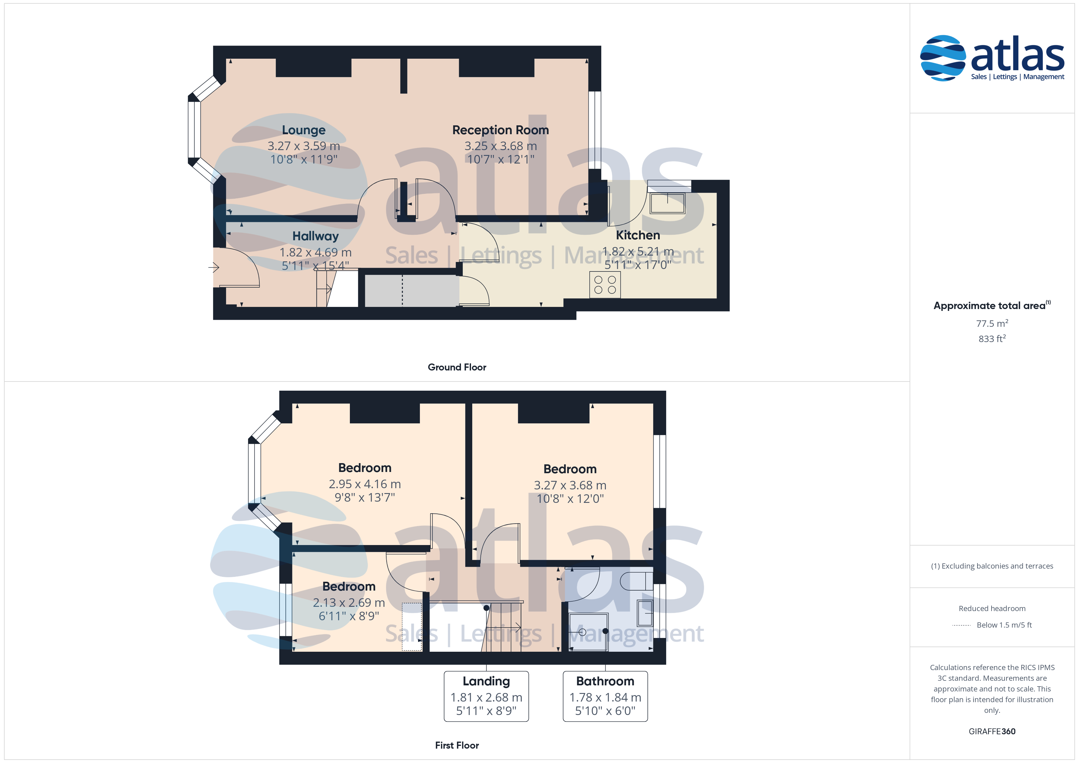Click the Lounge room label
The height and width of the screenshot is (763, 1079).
304,130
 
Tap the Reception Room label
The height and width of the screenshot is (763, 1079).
500,130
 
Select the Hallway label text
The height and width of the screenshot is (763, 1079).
315,236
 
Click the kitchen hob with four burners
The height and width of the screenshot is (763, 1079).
605,285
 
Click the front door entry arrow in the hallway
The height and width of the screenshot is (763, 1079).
214,267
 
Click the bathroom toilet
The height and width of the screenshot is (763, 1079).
636,581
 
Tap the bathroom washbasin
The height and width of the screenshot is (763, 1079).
645,613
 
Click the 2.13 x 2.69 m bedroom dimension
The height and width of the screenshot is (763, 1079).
349,602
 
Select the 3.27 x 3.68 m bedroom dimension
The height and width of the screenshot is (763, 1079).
570,485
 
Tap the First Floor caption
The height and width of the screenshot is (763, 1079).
457,745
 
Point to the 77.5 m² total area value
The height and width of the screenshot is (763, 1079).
992,323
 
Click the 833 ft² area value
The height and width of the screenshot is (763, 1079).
992,338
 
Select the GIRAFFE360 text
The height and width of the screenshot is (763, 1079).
992,731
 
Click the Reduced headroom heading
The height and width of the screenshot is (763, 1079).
992,608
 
